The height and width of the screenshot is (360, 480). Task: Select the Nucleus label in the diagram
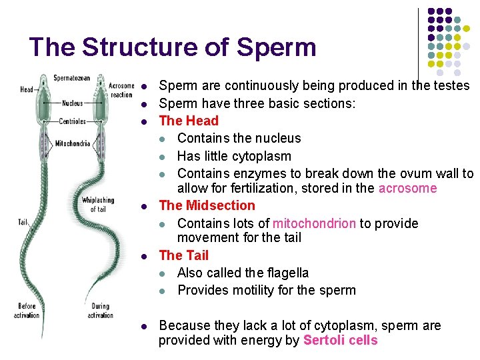[73, 103]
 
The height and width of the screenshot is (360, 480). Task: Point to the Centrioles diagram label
[72, 121]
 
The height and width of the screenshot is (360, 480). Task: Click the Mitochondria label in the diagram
[73, 143]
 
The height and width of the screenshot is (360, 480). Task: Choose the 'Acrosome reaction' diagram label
[121, 90]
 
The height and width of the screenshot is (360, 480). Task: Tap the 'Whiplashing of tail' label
[98, 204]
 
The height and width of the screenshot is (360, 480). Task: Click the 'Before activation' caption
[27, 311]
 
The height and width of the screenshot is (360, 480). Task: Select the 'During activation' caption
[100, 311]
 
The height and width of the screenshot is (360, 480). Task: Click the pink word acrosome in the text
[407, 188]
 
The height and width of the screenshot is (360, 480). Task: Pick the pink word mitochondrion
[314, 223]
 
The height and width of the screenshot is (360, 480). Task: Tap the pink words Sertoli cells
[340, 340]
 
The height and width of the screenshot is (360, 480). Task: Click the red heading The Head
[189, 121]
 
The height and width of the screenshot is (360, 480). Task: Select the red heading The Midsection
[207, 205]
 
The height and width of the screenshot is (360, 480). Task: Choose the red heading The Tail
[184, 255]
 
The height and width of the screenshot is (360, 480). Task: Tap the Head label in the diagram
[27, 89]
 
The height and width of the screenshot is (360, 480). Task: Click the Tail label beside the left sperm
[23, 222]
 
